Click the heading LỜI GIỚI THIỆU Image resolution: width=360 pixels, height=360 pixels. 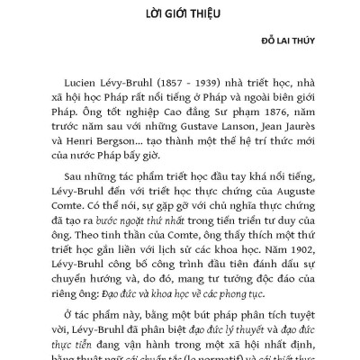point(180,15)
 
